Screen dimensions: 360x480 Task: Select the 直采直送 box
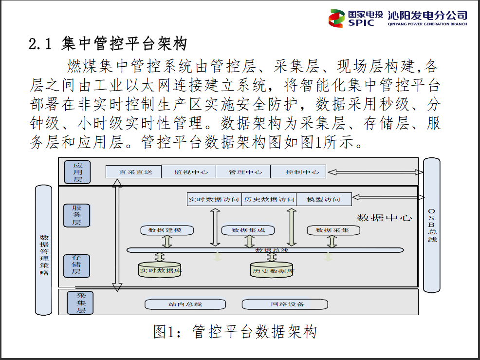[x=134, y=172]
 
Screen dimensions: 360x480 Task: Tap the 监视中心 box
[x=188, y=172]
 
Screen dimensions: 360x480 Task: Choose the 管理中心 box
[x=242, y=172]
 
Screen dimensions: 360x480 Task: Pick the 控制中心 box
[x=298, y=172]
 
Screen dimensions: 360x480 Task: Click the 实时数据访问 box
[x=214, y=199]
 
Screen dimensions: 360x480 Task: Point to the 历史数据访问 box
[x=269, y=199]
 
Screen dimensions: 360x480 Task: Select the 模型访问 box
[x=324, y=199]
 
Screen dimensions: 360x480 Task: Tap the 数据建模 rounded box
[x=167, y=230]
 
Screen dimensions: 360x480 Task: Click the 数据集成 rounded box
[x=248, y=230]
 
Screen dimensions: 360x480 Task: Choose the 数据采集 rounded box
[x=333, y=230]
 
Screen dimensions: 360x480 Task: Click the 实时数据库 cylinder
[x=160, y=269]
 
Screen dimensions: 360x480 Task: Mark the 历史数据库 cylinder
[x=272, y=270]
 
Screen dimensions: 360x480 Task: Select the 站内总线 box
[x=185, y=304]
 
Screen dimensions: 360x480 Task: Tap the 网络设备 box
[x=285, y=304]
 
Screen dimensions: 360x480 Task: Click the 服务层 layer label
[x=77, y=215]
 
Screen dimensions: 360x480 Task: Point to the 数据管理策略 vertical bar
[x=44, y=249]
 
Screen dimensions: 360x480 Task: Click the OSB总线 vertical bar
[x=432, y=225]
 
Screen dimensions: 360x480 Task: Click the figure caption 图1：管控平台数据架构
[x=235, y=332]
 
